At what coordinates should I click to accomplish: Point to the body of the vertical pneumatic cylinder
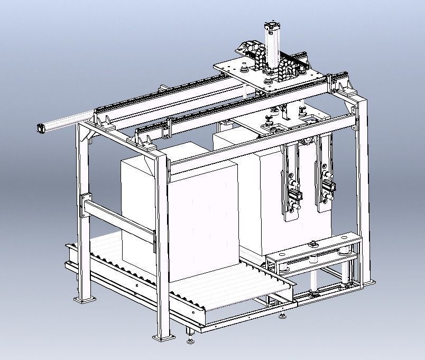(x=272, y=50)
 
